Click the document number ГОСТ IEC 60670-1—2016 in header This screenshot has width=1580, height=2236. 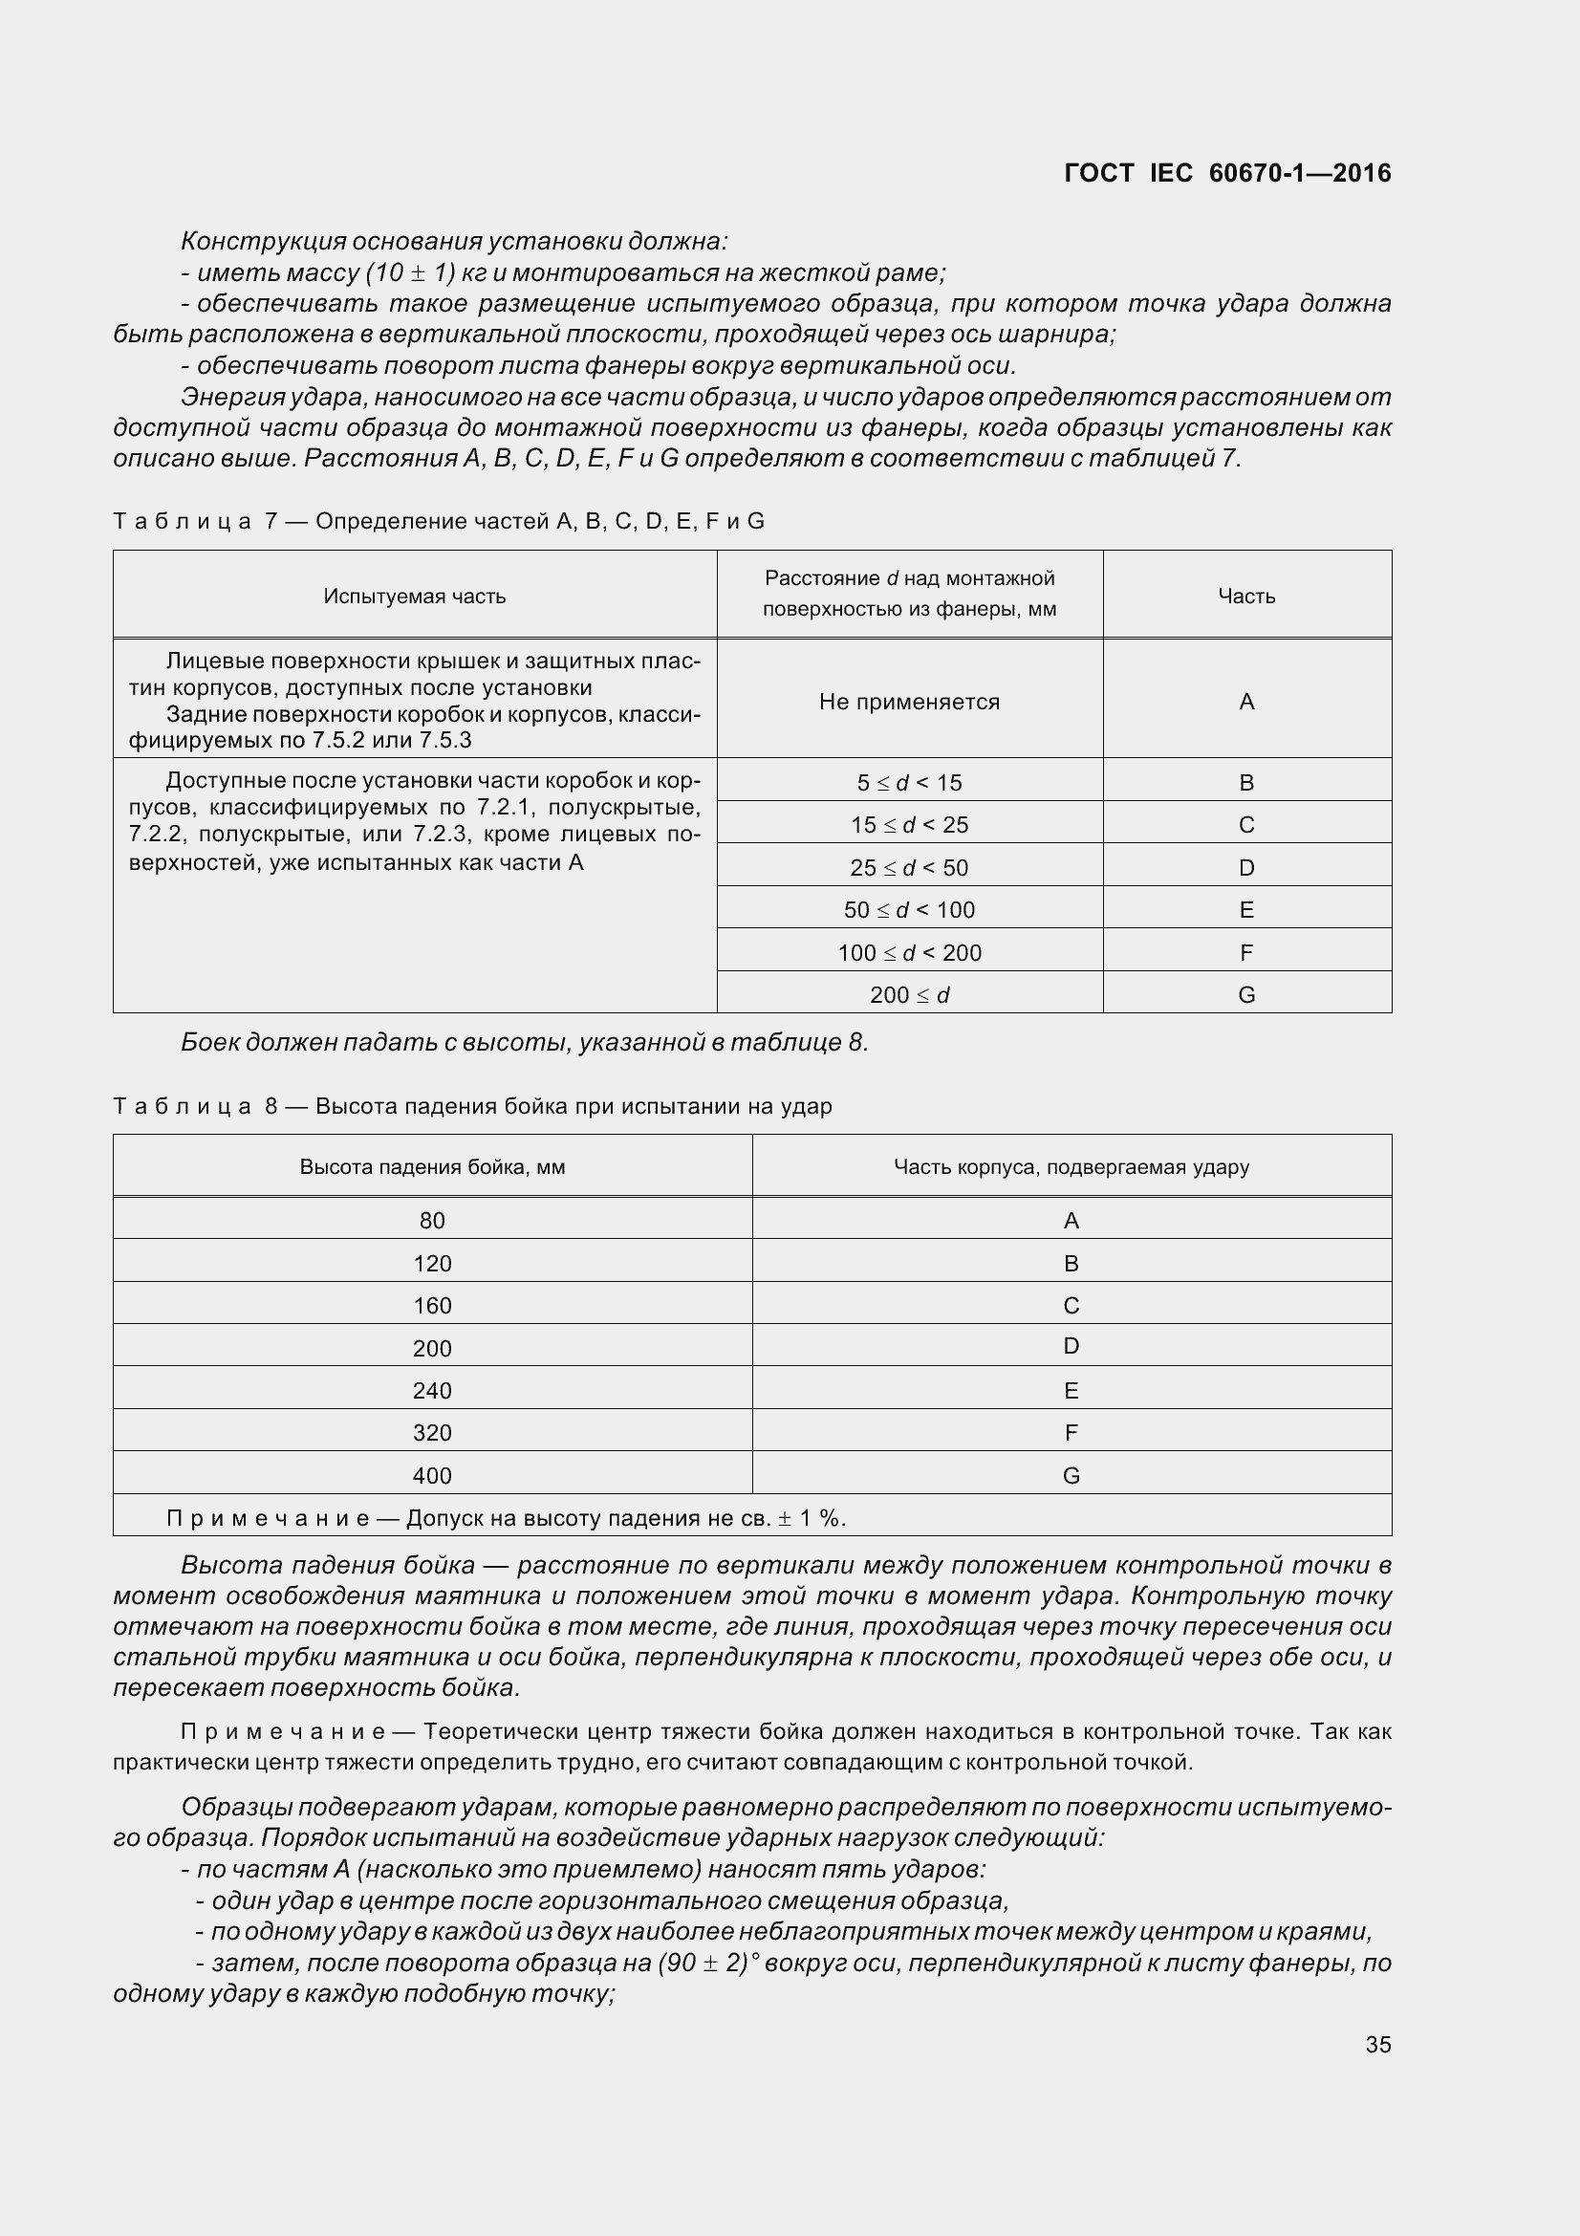[1227, 173]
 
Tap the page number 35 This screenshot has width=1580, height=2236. [1377, 2044]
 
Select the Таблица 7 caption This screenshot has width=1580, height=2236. [438, 521]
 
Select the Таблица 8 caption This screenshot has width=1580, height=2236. [472, 1106]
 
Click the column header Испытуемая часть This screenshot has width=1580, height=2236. [415, 596]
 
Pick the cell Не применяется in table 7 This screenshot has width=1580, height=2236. [909, 701]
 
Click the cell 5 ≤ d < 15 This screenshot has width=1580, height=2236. [909, 782]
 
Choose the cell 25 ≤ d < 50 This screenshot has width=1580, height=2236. [909, 867]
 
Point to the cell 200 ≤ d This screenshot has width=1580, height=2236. [909, 994]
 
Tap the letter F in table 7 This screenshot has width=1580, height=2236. [1246, 952]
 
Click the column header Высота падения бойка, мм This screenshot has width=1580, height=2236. [432, 1166]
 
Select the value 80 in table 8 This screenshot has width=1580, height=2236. [432, 1220]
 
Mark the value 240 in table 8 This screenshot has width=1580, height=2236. [432, 1391]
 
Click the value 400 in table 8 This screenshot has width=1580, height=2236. [432, 1475]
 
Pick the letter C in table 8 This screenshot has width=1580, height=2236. [1071, 1305]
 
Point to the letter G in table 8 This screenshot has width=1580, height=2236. [1071, 1475]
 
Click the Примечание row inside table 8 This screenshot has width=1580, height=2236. [507, 1518]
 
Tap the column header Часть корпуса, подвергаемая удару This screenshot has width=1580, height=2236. [1071, 1166]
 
